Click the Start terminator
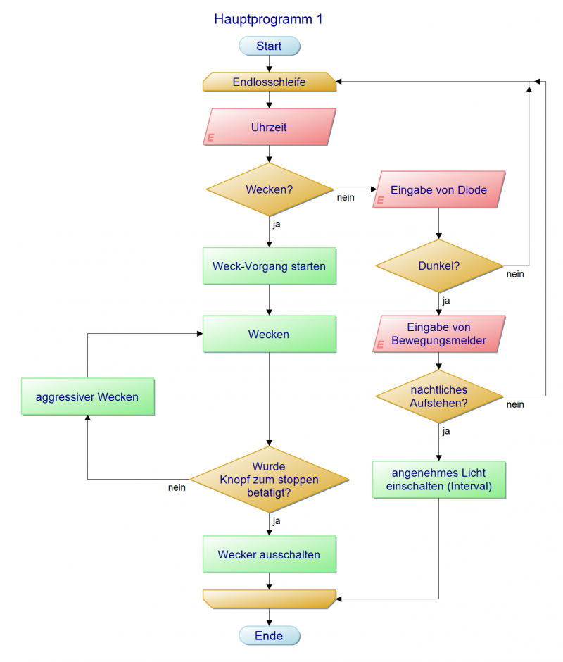269,46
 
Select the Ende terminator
269,636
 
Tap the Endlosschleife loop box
269,82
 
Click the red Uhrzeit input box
269,127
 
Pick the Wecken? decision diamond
269,190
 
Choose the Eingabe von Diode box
439,190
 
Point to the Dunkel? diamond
439,266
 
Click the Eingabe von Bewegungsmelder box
439,335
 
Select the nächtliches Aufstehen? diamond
439,396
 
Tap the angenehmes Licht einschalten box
439,479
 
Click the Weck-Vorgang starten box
269,266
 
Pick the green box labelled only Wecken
269,335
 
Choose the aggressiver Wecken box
87,396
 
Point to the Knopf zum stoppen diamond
269,480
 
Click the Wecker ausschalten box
269,554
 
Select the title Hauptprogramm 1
268,20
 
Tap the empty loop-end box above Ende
269,599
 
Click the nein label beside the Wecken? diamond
346,198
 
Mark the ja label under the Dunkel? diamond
446,301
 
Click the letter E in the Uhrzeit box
210,138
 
